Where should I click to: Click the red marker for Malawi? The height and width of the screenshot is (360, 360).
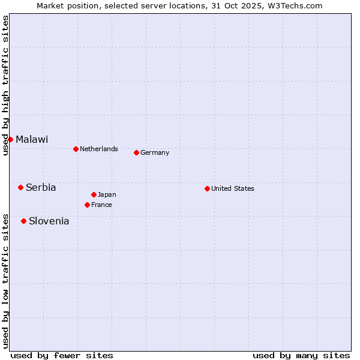click(10, 139)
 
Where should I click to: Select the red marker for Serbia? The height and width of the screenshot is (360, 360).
click(20, 187)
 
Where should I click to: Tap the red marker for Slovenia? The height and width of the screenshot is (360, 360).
click(23, 221)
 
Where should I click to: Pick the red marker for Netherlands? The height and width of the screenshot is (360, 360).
click(76, 149)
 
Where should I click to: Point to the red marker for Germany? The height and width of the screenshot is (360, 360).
click(136, 152)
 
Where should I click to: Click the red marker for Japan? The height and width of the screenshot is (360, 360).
click(94, 194)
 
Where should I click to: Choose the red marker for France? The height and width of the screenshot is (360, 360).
click(87, 205)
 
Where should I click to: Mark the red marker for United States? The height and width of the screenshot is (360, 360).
click(207, 188)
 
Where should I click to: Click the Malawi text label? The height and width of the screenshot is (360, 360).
click(32, 139)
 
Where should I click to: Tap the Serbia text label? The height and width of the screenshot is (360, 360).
click(41, 187)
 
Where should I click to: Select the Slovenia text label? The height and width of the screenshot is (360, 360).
click(49, 221)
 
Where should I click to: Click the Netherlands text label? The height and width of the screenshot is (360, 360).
click(99, 149)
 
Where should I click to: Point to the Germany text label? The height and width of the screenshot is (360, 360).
click(155, 152)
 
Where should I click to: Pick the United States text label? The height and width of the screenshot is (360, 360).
click(233, 188)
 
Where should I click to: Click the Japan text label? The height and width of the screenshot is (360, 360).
click(107, 194)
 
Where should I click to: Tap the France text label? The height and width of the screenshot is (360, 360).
click(101, 205)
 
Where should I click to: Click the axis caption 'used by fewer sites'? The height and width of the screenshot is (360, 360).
click(62, 355)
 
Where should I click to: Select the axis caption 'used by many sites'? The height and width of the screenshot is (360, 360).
click(301, 355)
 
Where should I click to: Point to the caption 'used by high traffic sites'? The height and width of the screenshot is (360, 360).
click(5, 85)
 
